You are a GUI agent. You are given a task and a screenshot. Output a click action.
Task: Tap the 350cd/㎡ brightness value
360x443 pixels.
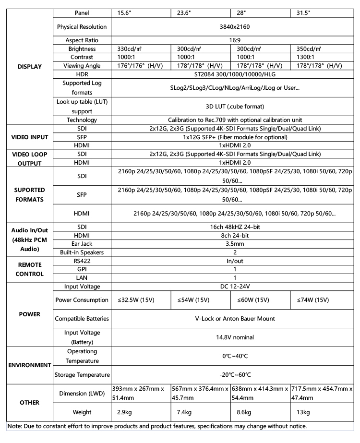(309, 49)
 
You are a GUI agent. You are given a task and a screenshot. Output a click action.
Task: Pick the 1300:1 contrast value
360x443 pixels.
(307, 57)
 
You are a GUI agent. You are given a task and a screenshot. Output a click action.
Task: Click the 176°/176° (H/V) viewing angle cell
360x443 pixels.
(141, 66)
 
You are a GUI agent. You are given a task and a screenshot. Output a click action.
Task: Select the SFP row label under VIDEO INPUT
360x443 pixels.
(82, 137)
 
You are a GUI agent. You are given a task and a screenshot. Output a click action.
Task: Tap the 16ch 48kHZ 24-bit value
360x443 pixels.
(235, 226)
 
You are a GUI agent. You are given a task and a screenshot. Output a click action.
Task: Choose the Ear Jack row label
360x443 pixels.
(82, 244)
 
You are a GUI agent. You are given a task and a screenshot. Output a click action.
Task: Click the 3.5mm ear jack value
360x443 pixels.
(235, 244)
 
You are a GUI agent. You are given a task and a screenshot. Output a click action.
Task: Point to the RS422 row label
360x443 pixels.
(82, 261)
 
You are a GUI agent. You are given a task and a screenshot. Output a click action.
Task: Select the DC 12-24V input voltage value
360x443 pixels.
(235, 287)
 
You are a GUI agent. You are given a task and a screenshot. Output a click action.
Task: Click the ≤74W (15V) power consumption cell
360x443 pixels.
(312, 300)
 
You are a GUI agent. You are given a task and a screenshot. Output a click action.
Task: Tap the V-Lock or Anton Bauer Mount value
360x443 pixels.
(235, 318)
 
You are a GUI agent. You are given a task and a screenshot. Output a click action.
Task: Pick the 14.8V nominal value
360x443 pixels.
(235, 337)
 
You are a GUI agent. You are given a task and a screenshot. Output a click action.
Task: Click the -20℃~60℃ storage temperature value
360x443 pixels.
(235, 374)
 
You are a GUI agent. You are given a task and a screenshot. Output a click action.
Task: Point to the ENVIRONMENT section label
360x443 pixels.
(29, 365)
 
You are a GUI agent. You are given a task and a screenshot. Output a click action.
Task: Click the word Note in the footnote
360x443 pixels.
(15, 426)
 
